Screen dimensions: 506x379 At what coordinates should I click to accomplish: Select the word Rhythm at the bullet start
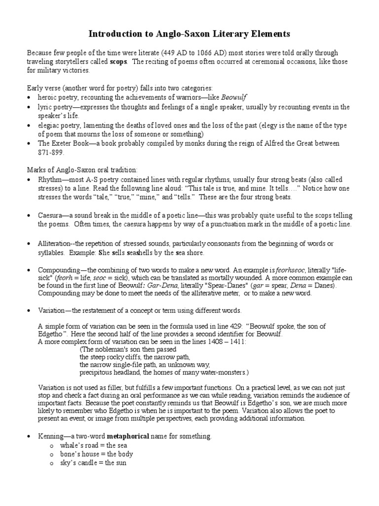pyautogui.click(x=51, y=179)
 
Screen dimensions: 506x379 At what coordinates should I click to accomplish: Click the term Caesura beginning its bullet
pyautogui.click(x=52, y=216)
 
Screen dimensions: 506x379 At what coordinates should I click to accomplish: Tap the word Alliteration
pyautogui.click(x=56, y=244)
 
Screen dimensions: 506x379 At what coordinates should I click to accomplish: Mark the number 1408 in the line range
pyautogui.click(x=218, y=342)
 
